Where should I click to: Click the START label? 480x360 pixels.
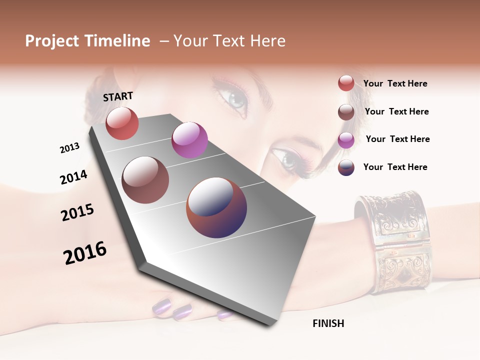tap(118, 96)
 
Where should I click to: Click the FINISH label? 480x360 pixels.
tap(328, 323)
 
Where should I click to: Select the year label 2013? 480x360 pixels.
tap(69, 148)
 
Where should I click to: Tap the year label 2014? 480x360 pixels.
tap(73, 177)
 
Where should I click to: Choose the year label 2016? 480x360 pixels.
tap(85, 253)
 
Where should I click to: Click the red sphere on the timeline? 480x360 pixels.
tap(122, 123)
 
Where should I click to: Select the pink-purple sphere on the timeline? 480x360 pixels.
tap(189, 140)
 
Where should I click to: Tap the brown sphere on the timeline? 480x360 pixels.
tap(145, 180)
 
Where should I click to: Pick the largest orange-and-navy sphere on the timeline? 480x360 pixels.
tap(216, 207)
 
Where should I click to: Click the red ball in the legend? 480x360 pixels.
tap(346, 83)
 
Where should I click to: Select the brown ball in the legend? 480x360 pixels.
tap(346, 112)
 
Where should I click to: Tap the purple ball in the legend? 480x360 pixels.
tap(346, 140)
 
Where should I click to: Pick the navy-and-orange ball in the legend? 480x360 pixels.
tap(346, 167)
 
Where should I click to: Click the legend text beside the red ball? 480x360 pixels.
tap(395, 83)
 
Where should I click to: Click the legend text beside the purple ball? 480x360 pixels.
tap(397, 139)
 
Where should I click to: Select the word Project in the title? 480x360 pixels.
tap(51, 41)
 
